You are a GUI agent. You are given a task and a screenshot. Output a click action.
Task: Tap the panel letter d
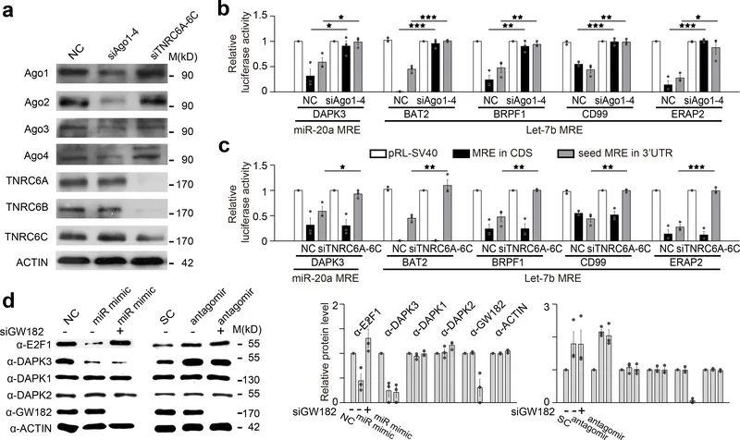(x=9, y=301)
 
